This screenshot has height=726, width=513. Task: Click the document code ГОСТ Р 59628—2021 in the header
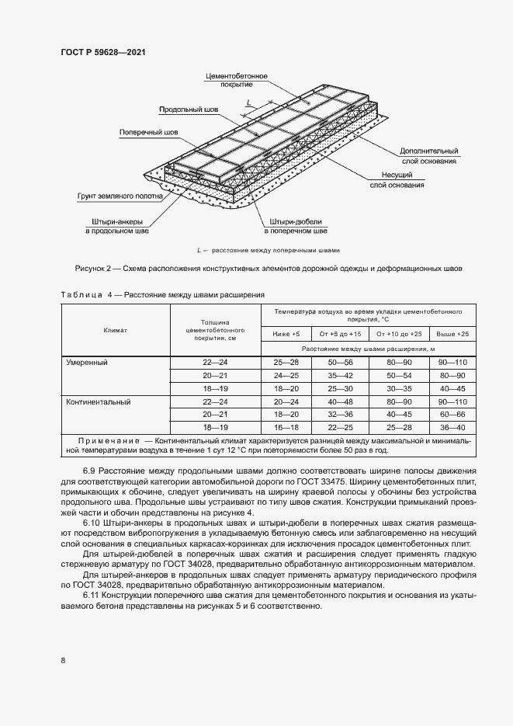coord(103,52)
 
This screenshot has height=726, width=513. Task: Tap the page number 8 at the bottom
coord(63,660)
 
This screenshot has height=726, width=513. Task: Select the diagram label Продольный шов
coord(189,110)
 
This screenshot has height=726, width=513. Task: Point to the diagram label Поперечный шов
coord(148,133)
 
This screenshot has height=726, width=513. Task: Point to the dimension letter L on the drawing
coord(248,102)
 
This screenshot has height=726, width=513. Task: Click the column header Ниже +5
coord(286,333)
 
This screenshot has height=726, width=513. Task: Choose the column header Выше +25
coord(452,333)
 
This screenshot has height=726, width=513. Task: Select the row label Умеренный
coord(86,363)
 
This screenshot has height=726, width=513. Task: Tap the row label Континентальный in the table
coord(98,402)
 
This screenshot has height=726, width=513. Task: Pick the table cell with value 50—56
coord(340,363)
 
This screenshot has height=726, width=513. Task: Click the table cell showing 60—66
coord(452,415)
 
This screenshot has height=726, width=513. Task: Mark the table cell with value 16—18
coord(286,428)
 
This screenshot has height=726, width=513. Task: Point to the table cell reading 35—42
coord(340,376)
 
